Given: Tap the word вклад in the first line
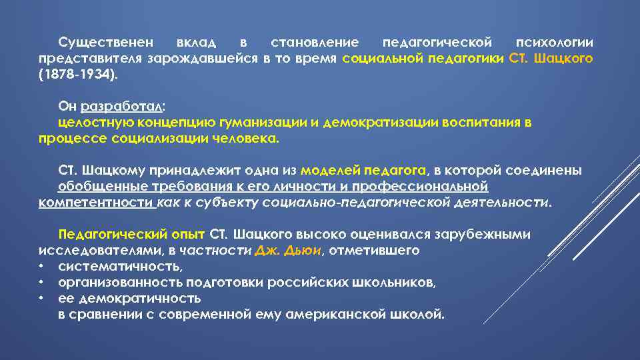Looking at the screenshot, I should [197, 43].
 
